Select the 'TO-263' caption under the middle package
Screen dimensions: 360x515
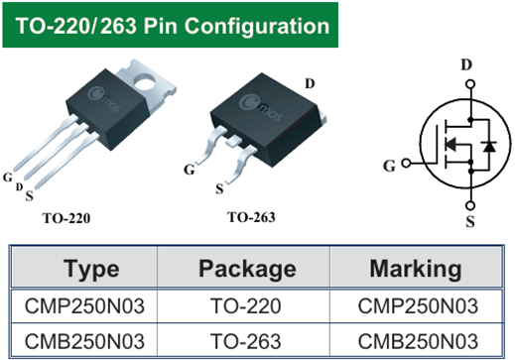coord(251,215)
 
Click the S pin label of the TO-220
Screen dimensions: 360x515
coord(29,195)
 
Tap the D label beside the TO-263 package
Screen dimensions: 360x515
coord(310,83)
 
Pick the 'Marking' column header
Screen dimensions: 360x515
coord(415,268)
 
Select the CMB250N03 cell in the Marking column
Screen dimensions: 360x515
coord(415,340)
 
